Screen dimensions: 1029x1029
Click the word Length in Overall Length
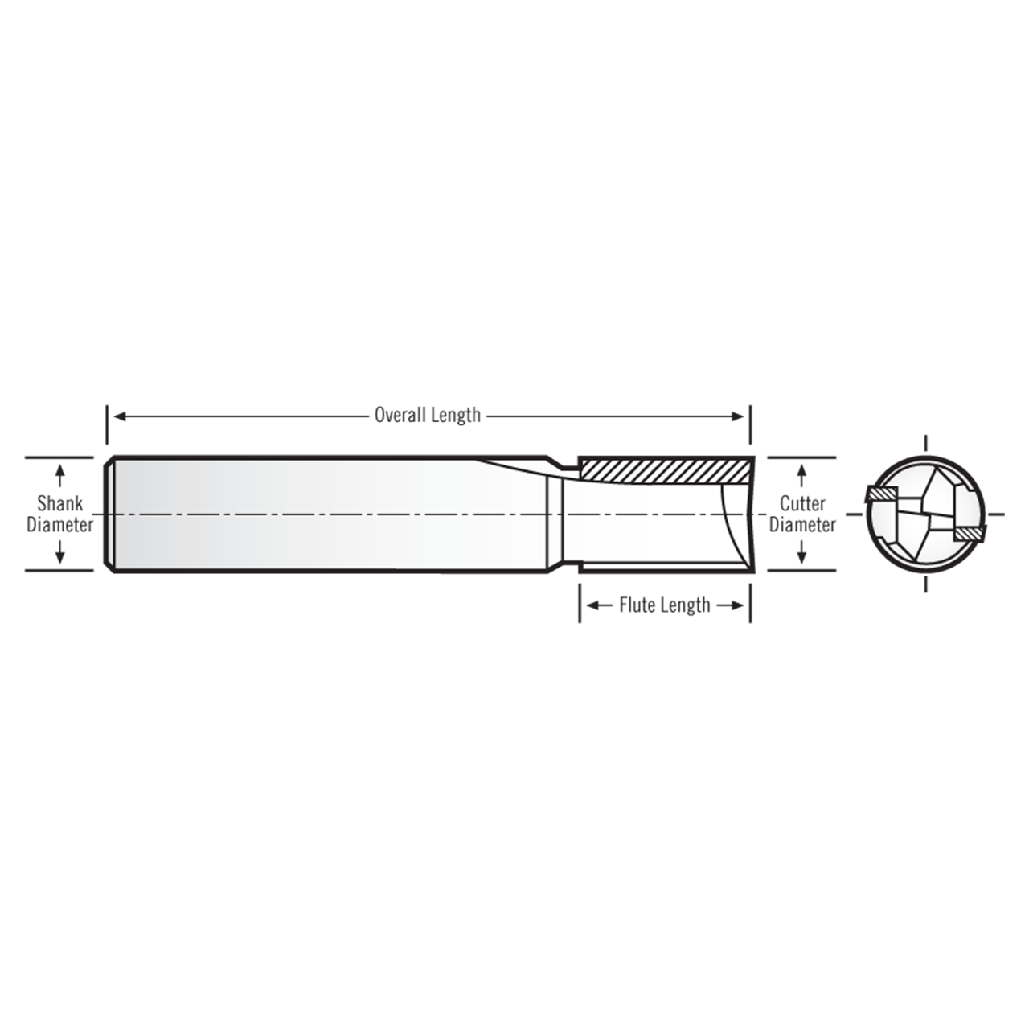(456, 416)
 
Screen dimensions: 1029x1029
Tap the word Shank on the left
(59, 504)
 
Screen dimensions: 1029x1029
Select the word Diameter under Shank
(59, 525)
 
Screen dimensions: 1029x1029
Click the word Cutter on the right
(802, 504)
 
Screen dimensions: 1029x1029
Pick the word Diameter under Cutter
(802, 525)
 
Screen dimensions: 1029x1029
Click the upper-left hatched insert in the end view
(880, 493)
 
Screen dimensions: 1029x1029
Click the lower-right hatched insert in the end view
(969, 532)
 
